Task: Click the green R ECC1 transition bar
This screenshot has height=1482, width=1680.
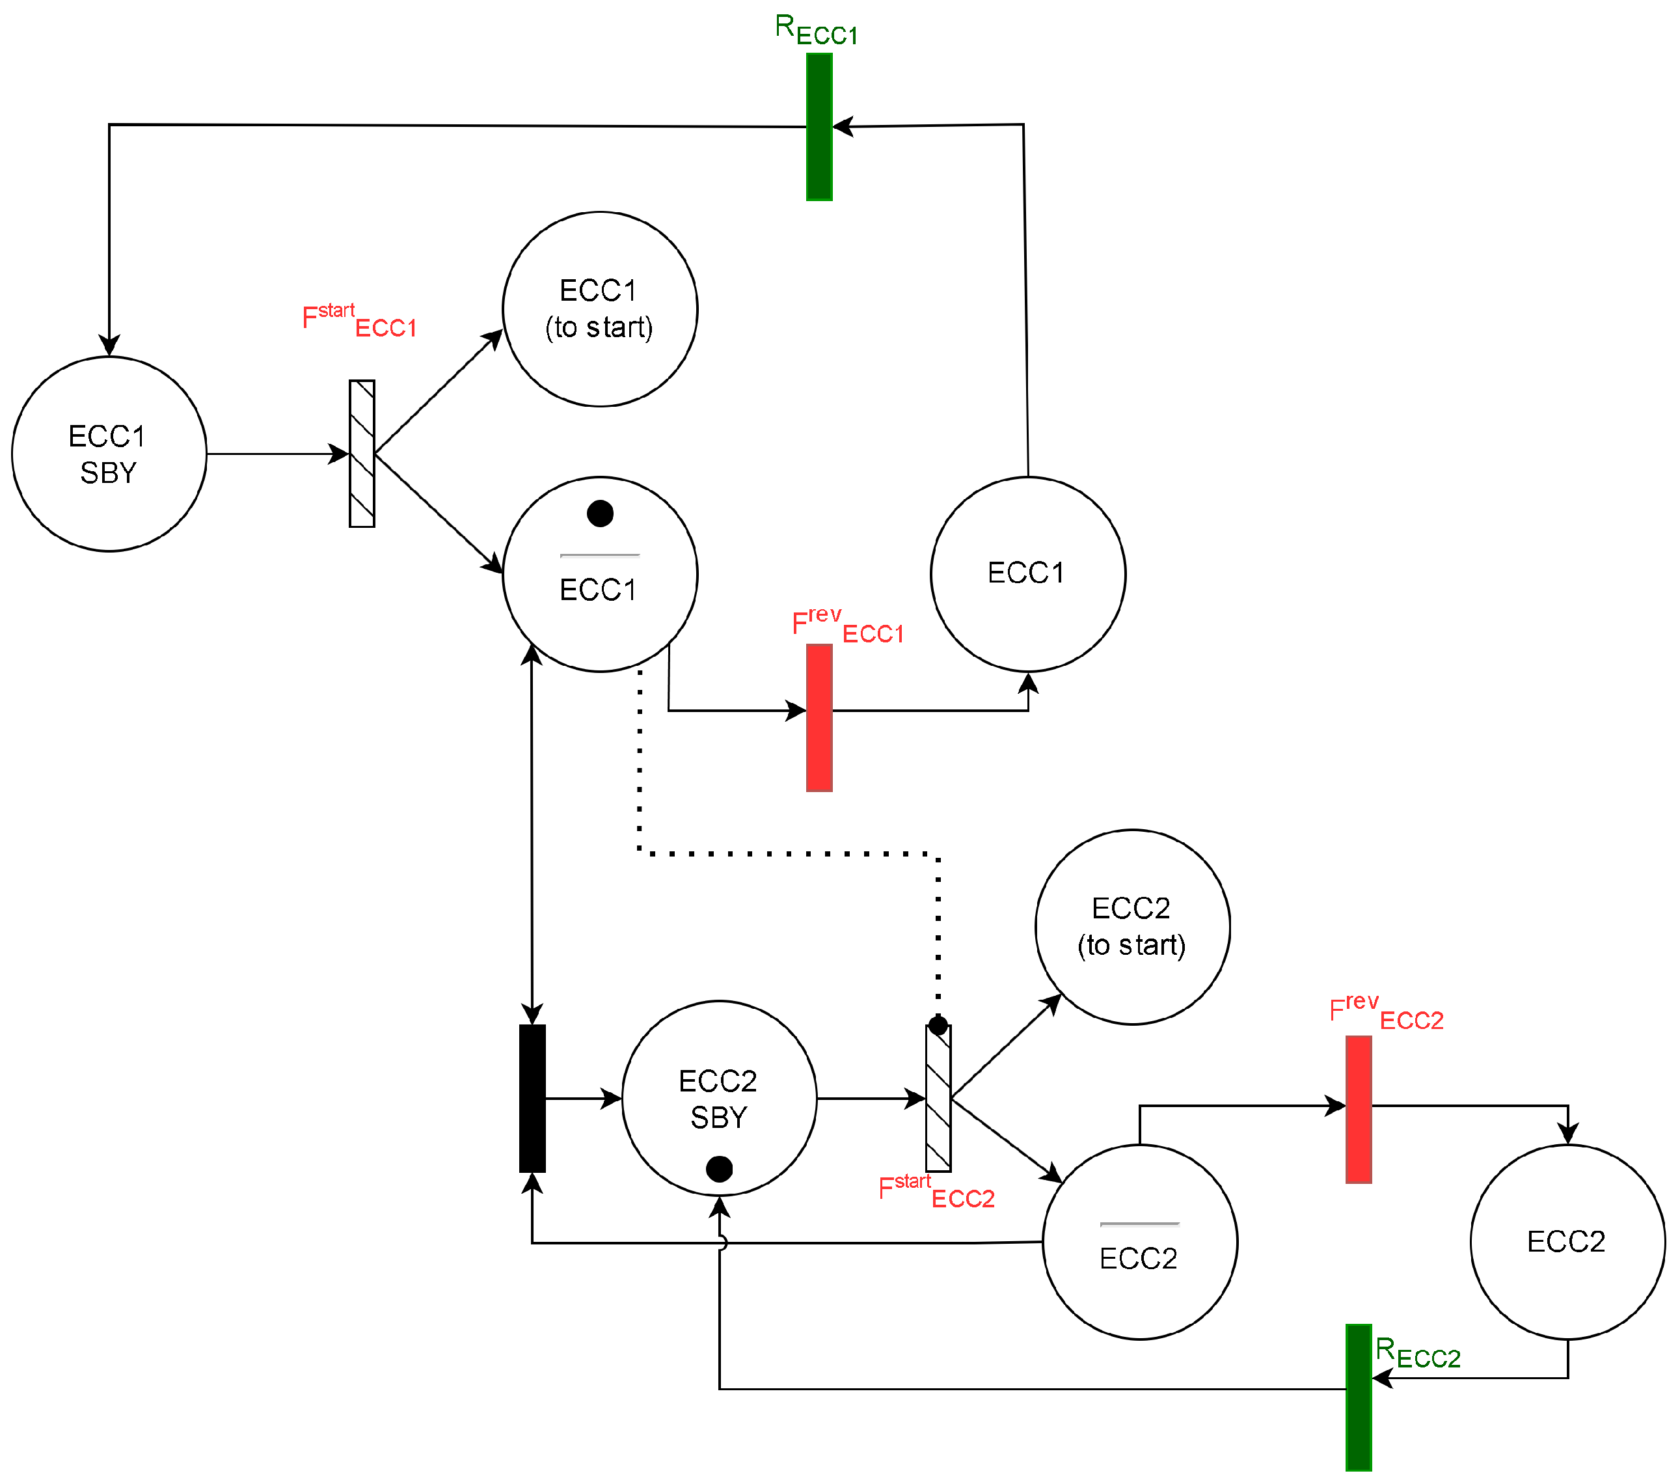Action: click(x=819, y=126)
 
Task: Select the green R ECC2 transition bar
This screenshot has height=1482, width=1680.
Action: click(x=1358, y=1397)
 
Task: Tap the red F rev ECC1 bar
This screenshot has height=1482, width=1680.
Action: click(x=819, y=718)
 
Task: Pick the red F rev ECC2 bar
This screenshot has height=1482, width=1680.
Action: click(x=1358, y=1109)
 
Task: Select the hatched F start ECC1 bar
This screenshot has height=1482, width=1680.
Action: click(x=362, y=453)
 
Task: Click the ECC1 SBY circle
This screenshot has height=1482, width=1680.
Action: click(x=109, y=454)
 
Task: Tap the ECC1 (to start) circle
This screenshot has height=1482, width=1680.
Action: click(x=599, y=309)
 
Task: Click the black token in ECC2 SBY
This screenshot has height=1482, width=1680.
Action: click(x=718, y=1168)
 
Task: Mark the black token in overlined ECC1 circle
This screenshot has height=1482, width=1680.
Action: click(x=600, y=513)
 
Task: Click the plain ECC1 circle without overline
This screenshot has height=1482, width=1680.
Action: click(x=1027, y=574)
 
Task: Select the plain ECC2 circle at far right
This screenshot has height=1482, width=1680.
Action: click(x=1567, y=1241)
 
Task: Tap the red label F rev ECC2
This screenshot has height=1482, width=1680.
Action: click(x=1386, y=1012)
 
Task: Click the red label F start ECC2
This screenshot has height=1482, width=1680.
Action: click(x=936, y=1191)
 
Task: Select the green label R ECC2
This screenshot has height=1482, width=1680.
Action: click(x=1417, y=1353)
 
